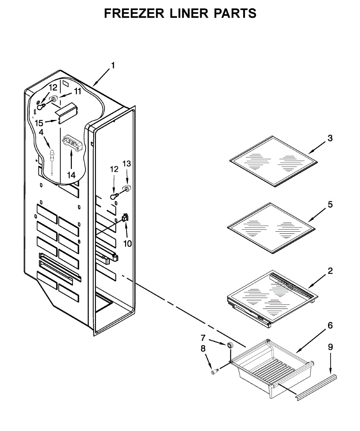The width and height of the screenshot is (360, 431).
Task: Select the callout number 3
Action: click(329, 138)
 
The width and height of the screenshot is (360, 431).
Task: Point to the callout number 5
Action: click(329, 205)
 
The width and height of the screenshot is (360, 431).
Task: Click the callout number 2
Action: click(329, 271)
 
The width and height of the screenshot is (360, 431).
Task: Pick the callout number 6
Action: click(329, 326)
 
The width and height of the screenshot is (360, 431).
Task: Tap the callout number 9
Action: click(330, 347)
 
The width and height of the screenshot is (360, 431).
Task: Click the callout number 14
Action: click(71, 175)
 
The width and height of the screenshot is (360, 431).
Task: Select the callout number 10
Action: click(128, 244)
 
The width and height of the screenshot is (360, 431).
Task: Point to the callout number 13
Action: click(127, 164)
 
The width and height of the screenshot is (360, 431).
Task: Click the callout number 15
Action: click(39, 123)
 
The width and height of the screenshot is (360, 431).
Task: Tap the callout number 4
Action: click(41, 133)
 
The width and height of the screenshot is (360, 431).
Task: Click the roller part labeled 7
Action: click(229, 345)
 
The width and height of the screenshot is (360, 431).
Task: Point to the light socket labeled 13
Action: click(126, 187)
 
